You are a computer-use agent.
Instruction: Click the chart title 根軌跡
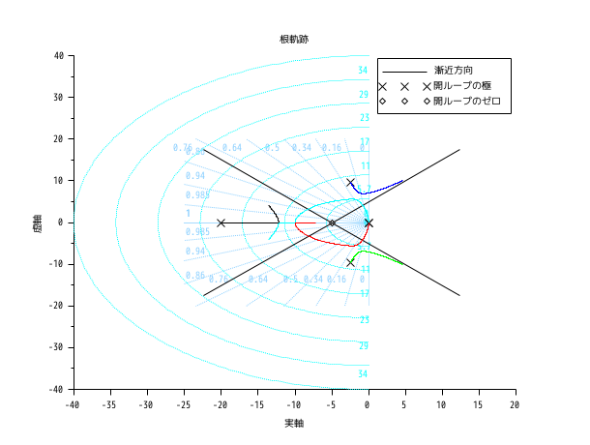(294, 39)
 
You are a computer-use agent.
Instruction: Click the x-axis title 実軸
(294, 424)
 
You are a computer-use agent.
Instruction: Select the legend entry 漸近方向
(456, 72)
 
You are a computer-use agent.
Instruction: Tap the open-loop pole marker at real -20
(221, 222)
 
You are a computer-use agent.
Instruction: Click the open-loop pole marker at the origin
(369, 222)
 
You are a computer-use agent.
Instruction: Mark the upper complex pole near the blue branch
(351, 183)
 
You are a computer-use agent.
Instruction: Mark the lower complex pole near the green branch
(350, 262)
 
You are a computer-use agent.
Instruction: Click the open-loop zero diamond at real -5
(332, 222)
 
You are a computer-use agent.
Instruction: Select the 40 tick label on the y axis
(58, 56)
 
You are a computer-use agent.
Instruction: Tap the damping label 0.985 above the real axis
(196, 195)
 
